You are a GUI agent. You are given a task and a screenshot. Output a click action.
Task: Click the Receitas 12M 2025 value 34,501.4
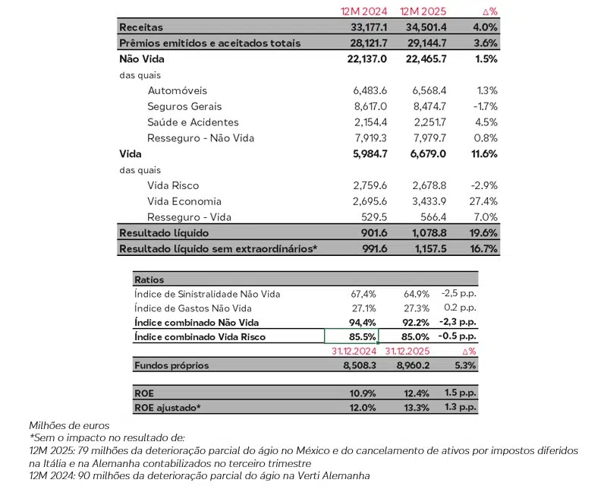click(x=423, y=27)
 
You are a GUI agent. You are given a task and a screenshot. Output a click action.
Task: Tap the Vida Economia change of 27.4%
click(x=483, y=201)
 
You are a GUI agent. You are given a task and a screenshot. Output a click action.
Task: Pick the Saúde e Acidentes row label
click(x=193, y=122)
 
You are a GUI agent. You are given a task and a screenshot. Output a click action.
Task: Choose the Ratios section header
click(x=149, y=279)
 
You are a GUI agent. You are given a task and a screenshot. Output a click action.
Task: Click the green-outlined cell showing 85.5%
click(x=350, y=336)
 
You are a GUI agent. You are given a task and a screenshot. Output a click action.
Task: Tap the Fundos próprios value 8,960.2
click(x=410, y=365)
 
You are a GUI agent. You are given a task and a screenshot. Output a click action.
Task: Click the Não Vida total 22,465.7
click(x=423, y=58)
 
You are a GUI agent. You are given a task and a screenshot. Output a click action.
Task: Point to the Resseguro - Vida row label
click(x=189, y=217)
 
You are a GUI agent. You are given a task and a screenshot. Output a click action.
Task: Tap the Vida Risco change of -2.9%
click(x=483, y=185)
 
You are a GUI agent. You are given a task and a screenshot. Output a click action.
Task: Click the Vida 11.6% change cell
click(x=483, y=153)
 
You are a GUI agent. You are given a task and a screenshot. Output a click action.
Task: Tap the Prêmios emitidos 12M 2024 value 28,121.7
click(x=363, y=43)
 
